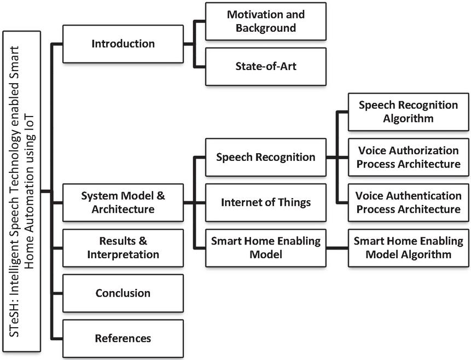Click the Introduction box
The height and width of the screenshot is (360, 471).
tap(123, 44)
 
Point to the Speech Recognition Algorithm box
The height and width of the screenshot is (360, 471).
tap(408, 112)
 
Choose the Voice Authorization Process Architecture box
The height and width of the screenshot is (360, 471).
tap(408, 157)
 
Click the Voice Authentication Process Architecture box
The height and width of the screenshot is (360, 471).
tap(408, 202)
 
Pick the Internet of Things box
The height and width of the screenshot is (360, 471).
tap(266, 202)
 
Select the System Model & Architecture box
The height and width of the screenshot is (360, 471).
tap(123, 202)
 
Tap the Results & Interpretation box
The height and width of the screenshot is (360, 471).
tap(123, 248)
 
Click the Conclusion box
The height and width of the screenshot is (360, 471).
tap(123, 293)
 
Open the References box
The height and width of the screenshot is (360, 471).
tap(123, 339)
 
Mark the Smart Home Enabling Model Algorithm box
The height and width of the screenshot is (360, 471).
tap(408, 248)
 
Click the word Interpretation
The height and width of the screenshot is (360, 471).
tap(123, 254)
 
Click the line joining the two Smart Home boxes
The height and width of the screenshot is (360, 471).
tap(337, 248)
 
